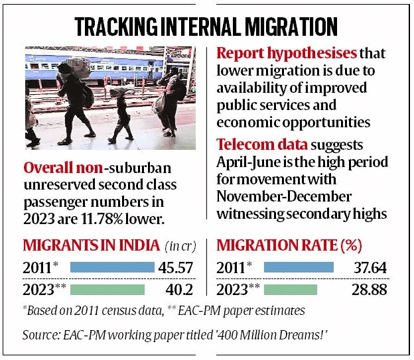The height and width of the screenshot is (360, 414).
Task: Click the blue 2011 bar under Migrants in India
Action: pyautogui.click(x=112, y=268)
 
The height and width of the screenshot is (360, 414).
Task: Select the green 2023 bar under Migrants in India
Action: pyautogui.click(x=107, y=289)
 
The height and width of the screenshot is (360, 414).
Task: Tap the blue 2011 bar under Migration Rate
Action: pyautogui.click(x=299, y=268)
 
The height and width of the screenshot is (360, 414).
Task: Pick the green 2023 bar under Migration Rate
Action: pyautogui.click(x=291, y=289)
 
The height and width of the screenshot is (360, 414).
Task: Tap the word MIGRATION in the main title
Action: pyautogui.click(x=289, y=26)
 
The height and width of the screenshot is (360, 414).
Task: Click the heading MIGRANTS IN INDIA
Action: pyautogui.click(x=92, y=246)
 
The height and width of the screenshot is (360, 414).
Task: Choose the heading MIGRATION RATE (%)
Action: pyautogui.click(x=289, y=246)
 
